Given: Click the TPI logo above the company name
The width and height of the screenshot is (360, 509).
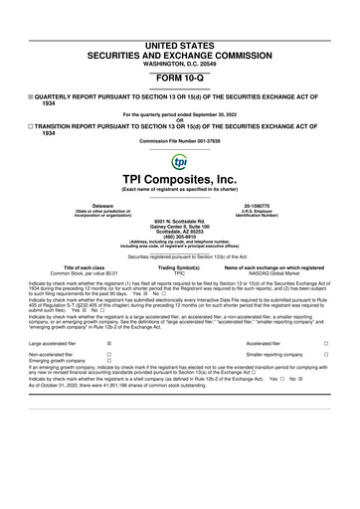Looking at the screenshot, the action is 179,161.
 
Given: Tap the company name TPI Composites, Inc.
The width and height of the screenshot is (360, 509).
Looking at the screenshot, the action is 179,179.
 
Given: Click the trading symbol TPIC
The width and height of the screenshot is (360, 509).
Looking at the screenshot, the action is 179,272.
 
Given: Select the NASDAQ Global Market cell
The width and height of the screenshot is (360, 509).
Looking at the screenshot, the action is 269,272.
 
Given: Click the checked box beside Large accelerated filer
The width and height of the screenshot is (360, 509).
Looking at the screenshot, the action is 108,341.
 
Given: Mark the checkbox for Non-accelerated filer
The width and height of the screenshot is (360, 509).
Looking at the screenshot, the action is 108,354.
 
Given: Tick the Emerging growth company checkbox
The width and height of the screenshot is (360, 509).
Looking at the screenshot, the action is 108,361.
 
